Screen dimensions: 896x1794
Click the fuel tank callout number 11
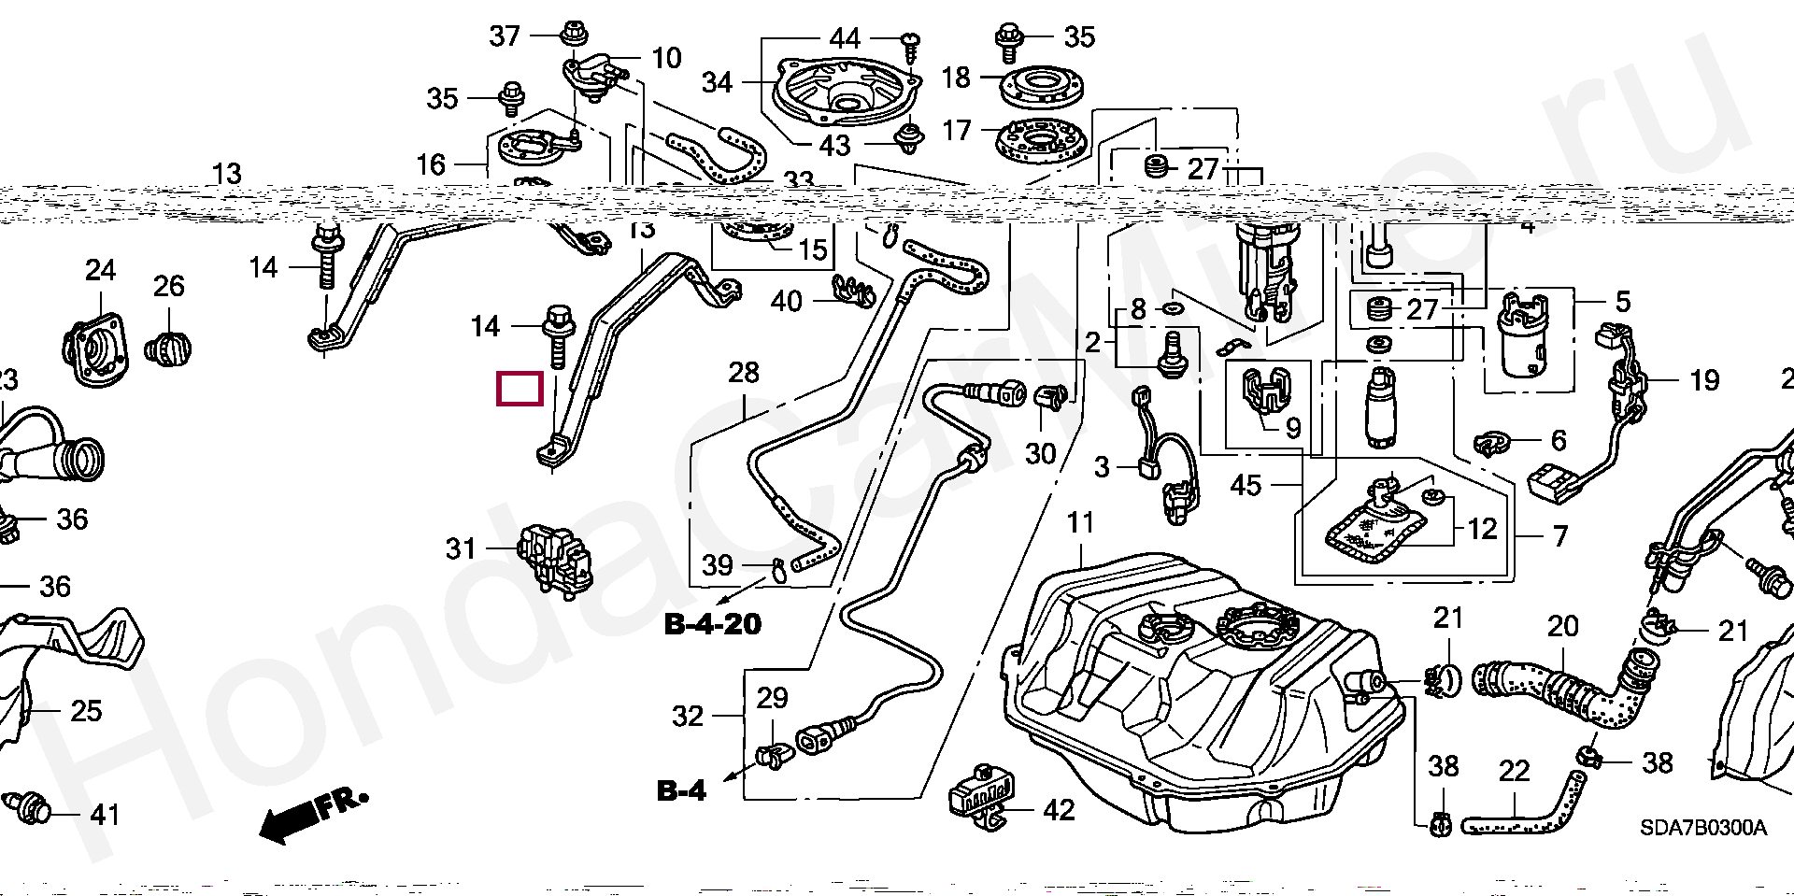(x=1080, y=523)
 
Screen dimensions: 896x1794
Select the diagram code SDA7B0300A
(x=1702, y=829)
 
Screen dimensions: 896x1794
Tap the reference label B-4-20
(x=713, y=624)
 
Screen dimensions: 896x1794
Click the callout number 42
(x=1059, y=810)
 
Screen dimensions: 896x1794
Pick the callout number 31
(x=461, y=548)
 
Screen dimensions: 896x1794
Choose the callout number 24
(x=100, y=271)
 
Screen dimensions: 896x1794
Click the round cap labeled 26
(x=168, y=350)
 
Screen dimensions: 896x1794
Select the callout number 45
(x=1246, y=486)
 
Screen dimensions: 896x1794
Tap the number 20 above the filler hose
(x=1562, y=627)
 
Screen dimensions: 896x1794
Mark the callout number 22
(x=1514, y=772)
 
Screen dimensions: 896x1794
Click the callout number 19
(x=1704, y=380)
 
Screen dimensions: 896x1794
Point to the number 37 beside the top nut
(x=505, y=36)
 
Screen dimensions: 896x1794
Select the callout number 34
(x=717, y=82)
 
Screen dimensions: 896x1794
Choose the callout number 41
(x=106, y=815)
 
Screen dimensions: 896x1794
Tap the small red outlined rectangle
(x=520, y=389)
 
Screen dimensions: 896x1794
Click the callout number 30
(x=1040, y=454)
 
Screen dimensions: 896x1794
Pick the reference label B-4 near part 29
(x=682, y=791)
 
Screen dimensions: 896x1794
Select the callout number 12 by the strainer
(x=1482, y=530)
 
